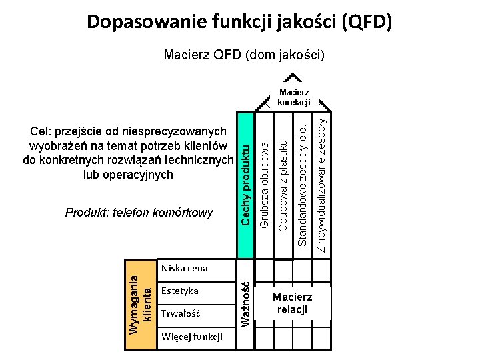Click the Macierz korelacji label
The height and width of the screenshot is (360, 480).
(294, 97)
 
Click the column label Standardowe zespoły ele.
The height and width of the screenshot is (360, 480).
(302, 180)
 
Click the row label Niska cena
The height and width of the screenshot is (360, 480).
(185, 268)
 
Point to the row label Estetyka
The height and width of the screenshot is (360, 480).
(180, 291)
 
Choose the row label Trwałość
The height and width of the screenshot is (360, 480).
(181, 313)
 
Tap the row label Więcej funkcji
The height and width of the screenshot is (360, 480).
(192, 337)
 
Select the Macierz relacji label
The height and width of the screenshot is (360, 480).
(292, 303)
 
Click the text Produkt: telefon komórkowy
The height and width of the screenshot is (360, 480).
(139, 213)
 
